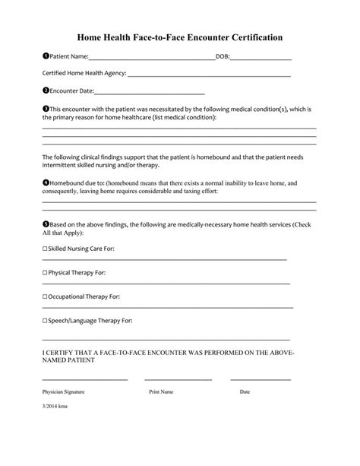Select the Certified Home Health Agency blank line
pos(209,75)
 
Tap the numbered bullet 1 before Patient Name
pos(46,56)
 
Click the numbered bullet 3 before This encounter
pos(46,109)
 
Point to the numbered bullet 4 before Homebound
pos(46,183)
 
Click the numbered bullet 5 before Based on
pos(46,224)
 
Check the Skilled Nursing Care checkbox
pos(45,249)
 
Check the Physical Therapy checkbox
pos(45,272)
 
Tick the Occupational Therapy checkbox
pos(45,296)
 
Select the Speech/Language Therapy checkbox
pos(45,321)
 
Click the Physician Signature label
pos(63,392)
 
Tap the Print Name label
pos(161,392)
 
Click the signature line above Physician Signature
pos(75,379)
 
